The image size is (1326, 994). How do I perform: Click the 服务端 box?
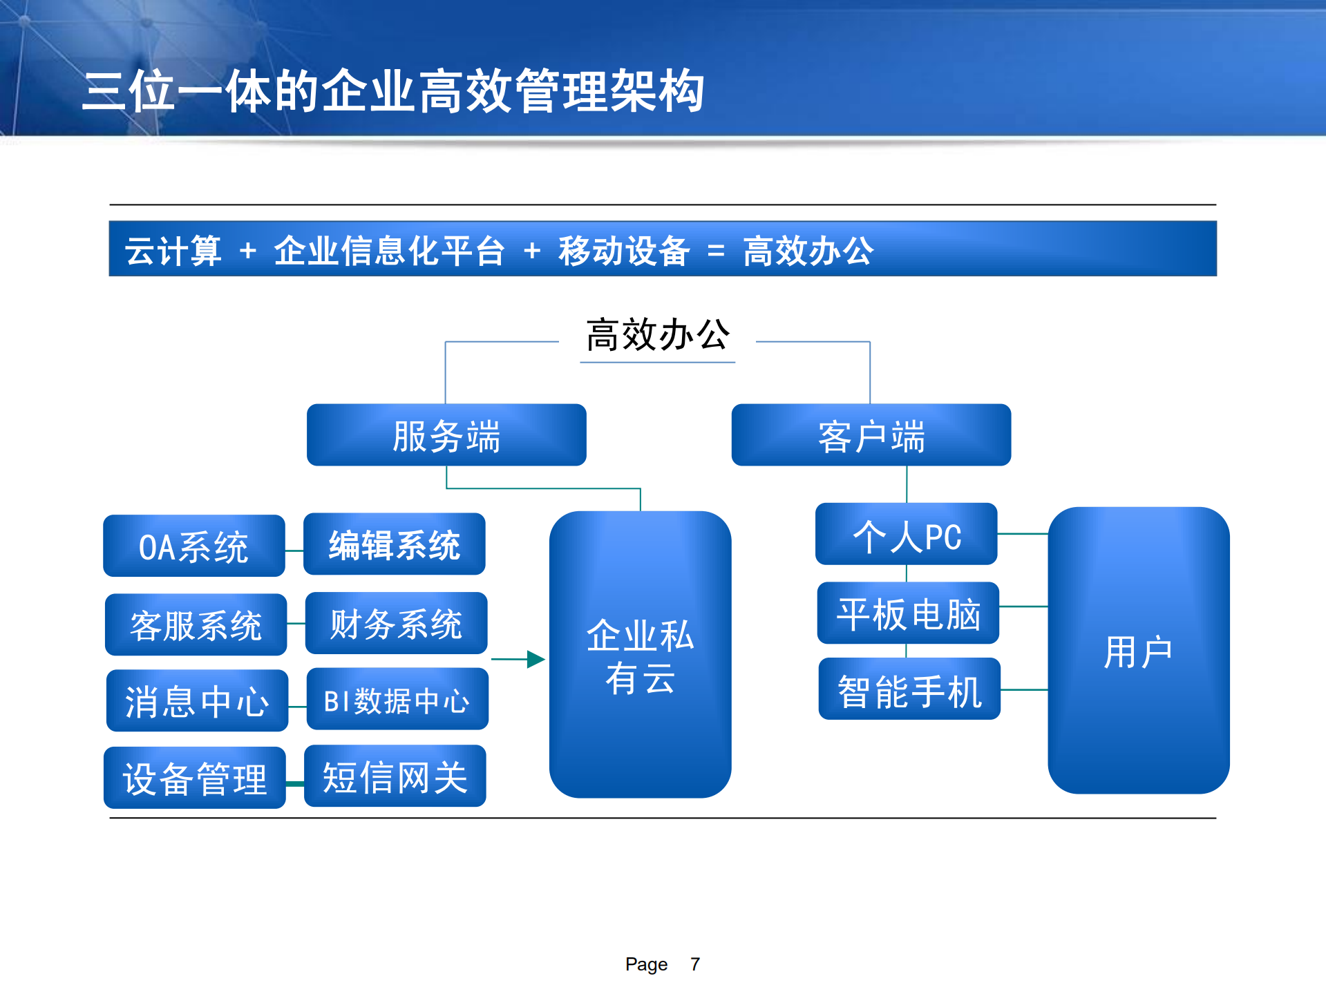446,435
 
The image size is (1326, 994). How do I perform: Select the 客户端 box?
871,435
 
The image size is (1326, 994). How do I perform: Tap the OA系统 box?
193,546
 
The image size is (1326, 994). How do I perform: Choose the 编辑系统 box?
394,544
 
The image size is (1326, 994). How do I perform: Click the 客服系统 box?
196,624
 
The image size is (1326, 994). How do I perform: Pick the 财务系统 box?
396,623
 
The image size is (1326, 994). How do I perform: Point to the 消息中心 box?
197,700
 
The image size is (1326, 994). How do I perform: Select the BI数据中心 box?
397,699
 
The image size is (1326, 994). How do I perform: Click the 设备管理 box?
194,778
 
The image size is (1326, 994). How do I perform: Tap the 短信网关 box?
395,776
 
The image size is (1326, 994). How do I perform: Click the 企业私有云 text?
640,656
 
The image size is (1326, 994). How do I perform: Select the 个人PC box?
906,534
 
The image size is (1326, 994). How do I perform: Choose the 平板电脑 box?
908,613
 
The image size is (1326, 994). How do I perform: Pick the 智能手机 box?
909,689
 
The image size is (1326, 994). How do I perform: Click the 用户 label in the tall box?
1138,651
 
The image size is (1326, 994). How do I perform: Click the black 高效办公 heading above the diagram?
657,335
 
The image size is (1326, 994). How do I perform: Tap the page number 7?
695,964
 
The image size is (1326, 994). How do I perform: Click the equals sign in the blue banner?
716,251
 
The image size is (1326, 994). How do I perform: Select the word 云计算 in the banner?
173,251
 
